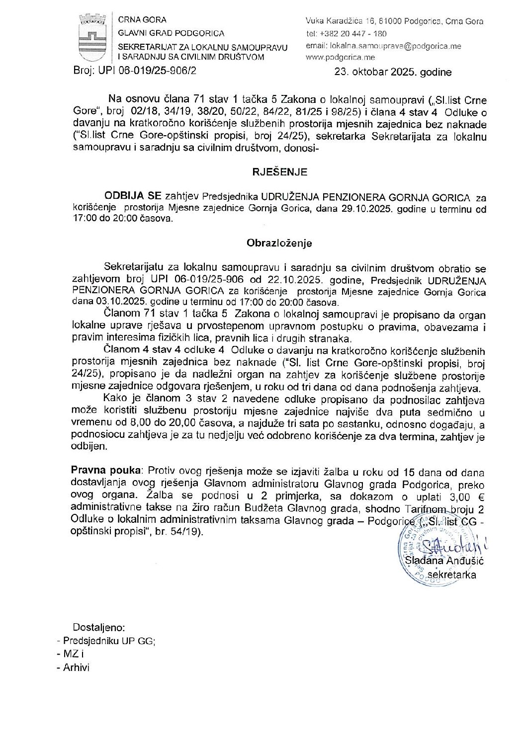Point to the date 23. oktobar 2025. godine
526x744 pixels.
click(x=393, y=72)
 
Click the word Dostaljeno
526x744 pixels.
click(x=99, y=627)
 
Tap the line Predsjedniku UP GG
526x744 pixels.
click(x=108, y=641)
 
